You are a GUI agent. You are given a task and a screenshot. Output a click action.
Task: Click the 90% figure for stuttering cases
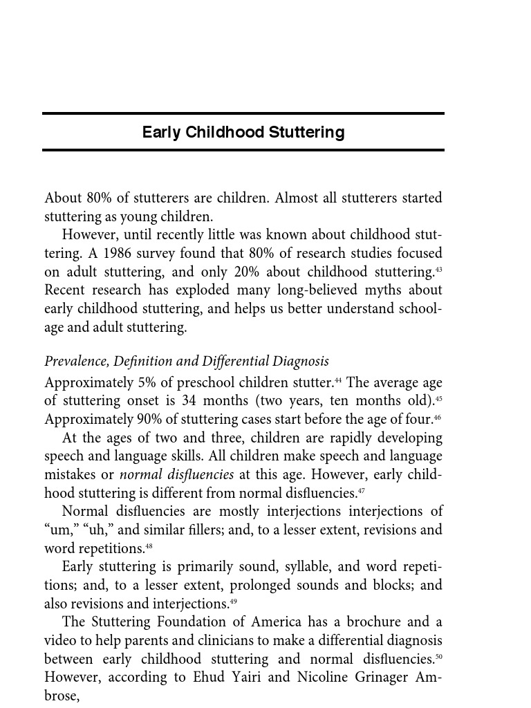tap(136, 419)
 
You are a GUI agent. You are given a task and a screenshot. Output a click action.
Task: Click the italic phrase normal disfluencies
tap(176, 475)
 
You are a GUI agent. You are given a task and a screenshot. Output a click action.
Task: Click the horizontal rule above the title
tap(243, 113)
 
